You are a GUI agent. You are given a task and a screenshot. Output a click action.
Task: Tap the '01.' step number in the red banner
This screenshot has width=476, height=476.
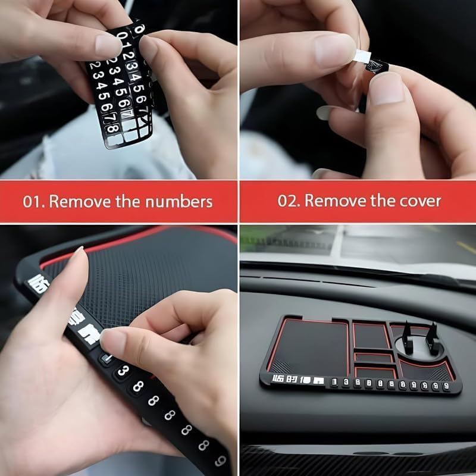click(x=33, y=201)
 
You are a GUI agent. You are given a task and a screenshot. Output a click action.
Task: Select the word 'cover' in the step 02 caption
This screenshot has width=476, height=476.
click(x=421, y=201)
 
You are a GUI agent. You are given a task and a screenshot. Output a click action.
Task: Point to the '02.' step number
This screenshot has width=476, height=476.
click(x=288, y=201)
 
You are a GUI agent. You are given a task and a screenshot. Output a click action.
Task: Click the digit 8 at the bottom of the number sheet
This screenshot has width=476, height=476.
click(x=112, y=127)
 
